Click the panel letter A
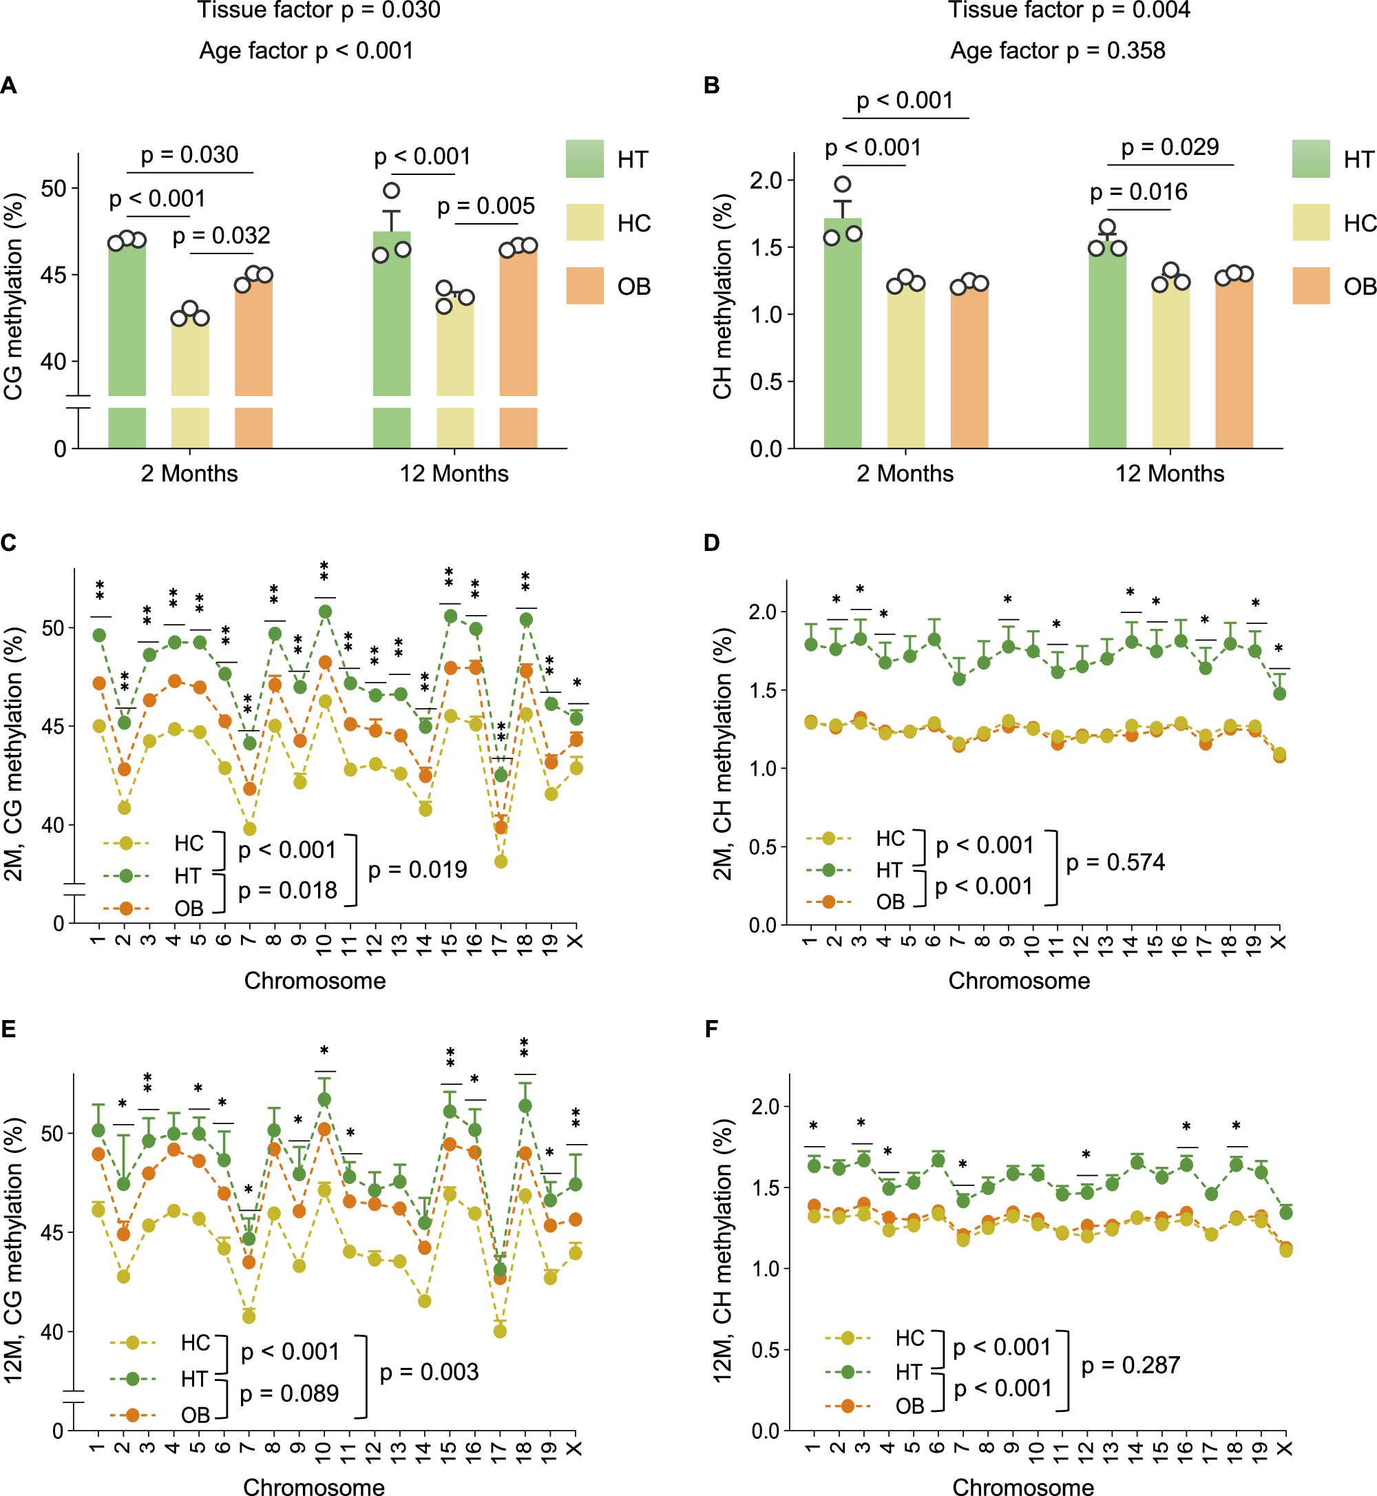9,85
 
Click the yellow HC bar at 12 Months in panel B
1170,365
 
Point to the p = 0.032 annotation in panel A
221,236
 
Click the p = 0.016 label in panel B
1138,192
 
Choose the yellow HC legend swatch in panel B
1311,222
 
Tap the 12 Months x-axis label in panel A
454,473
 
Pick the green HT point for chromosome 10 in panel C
326,612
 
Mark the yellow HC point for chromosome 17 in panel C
501,862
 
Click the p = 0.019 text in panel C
417,870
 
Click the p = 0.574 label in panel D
1115,862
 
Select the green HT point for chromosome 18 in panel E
525,1105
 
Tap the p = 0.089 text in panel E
289,1393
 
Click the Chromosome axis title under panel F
1023,1486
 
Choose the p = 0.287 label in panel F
1131,1366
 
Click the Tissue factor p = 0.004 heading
1069,10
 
